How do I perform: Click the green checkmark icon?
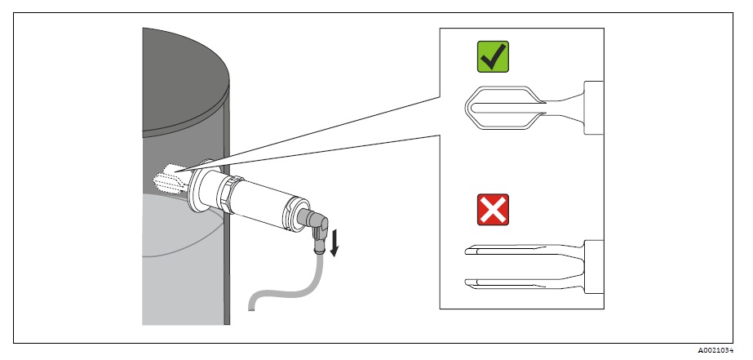[493, 58]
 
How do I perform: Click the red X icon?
[493, 209]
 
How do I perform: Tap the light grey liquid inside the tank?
[179, 261]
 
